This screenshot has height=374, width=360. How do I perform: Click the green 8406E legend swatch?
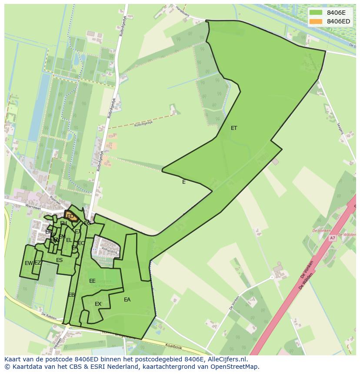point(316,13)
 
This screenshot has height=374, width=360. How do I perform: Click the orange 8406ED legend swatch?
point(316,21)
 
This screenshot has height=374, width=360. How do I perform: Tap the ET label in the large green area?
point(234,128)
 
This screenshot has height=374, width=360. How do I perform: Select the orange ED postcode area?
point(70,216)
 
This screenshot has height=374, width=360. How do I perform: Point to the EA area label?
point(127,300)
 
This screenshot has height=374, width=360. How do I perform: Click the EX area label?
point(98,304)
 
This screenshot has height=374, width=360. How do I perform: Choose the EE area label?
point(92,281)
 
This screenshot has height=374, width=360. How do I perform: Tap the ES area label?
point(60,260)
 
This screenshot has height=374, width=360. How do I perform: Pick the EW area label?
point(29,263)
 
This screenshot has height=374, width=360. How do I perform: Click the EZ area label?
point(38,263)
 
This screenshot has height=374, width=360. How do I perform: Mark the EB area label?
point(71,295)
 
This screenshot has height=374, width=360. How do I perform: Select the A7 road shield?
point(333,238)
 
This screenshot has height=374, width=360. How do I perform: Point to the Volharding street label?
point(109,251)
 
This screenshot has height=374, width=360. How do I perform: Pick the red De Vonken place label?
point(322,231)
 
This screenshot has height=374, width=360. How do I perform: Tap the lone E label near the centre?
point(184,182)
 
